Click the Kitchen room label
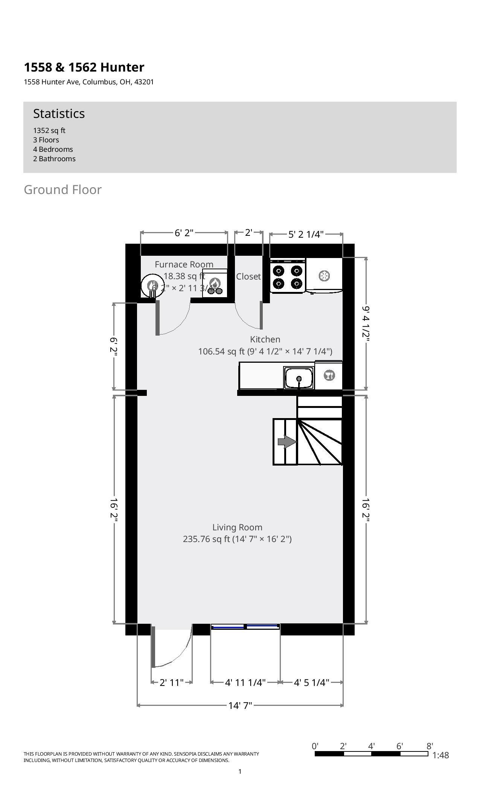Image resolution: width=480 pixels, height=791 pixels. coord(265,339)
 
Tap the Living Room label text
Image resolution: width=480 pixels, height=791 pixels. coord(237,527)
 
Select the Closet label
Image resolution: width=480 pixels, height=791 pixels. coord(248,276)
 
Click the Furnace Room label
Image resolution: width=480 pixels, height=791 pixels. coord(184,264)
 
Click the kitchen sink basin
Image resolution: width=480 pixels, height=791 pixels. coord(299,378)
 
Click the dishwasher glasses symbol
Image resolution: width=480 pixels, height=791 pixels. coord(329,375)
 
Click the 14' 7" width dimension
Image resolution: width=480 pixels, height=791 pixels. coord(240,705)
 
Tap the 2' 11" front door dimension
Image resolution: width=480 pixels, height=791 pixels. coord(171,683)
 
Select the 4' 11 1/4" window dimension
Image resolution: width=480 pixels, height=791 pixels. coord(245,683)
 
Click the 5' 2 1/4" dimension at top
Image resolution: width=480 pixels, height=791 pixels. coord(306,235)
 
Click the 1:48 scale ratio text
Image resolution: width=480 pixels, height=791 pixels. coord(440,755)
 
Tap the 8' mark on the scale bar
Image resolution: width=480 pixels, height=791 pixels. coord(430,746)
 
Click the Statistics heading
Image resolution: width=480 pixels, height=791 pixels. coord(59,113)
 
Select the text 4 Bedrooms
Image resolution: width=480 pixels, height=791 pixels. coord(53,149)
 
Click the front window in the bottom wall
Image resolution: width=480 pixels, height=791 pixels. coord(245,626)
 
